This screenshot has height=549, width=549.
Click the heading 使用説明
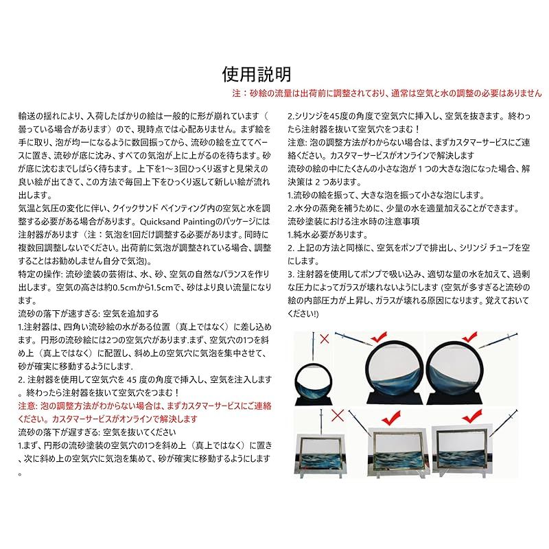pyautogui.click(x=257, y=74)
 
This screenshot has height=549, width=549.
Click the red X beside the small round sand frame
pyautogui.click(x=325, y=338)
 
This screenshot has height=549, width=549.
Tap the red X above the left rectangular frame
pyautogui.click(x=338, y=416)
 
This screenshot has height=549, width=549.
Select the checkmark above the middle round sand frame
pyautogui.click(x=379, y=337)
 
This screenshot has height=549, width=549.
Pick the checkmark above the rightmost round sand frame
pyautogui.click(x=470, y=337)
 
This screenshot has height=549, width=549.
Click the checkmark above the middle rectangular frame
pyautogui.click(x=390, y=419)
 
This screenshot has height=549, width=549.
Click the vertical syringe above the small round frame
pyautogui.click(x=313, y=347)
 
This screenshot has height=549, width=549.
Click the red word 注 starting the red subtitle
pyautogui.click(x=236, y=93)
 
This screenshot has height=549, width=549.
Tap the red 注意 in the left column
pyautogui.click(x=27, y=406)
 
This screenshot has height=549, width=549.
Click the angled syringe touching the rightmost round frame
pyautogui.click(x=498, y=340)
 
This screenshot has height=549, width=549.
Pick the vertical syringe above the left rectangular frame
pyautogui.click(x=320, y=423)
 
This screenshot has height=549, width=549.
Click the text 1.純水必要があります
pyautogui.click(x=328, y=235)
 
